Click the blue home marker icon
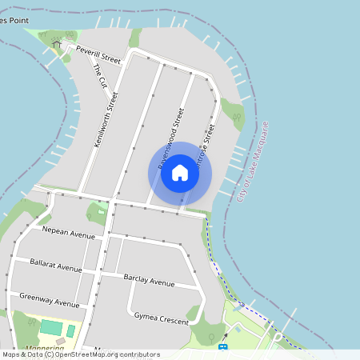(x=180, y=173)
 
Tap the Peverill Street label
(x=98, y=54)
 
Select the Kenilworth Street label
(x=106, y=120)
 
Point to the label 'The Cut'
(x=101, y=76)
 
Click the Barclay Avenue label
(x=149, y=281)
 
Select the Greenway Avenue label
(x=49, y=299)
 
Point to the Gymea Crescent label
(x=162, y=318)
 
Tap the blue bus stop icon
(x=222, y=346)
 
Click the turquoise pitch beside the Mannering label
(x=50, y=328)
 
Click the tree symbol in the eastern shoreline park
(x=237, y=117)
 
